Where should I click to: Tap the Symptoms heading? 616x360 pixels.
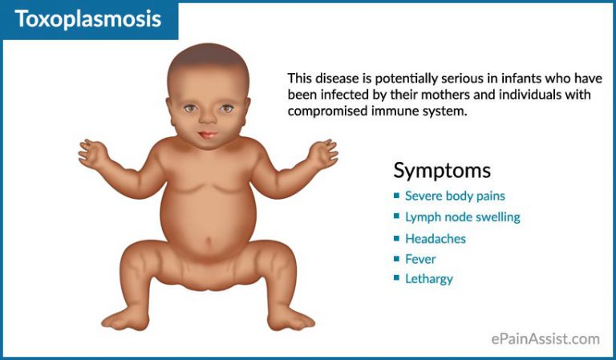tap(441, 170)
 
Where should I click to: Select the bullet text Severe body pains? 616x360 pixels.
tap(455, 196)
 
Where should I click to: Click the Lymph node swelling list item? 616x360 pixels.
tap(462, 217)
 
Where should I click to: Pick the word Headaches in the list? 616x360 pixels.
tap(435, 239)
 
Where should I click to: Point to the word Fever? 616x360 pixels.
tap(420, 259)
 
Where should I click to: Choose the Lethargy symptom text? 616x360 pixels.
tap(428, 279)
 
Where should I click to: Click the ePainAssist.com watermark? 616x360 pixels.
tap(545, 339)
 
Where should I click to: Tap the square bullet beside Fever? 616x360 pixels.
tap(396, 259)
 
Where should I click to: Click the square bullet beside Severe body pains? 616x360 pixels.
tap(396, 196)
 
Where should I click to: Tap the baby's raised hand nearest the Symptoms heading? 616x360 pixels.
tap(323, 152)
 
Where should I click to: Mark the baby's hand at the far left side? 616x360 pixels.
tap(94, 152)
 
